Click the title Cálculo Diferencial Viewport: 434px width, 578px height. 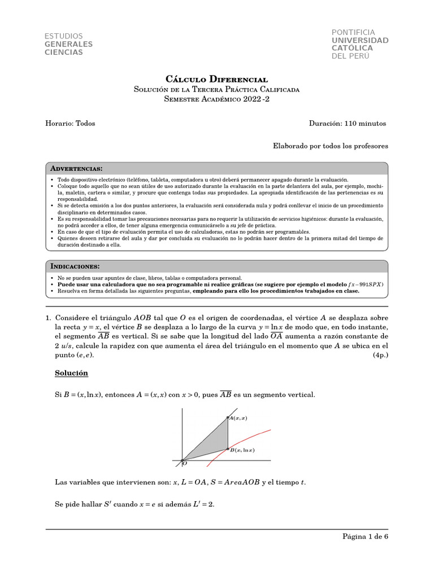(216, 80)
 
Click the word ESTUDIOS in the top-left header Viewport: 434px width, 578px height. (64, 36)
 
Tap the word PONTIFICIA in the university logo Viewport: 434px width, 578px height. (353, 32)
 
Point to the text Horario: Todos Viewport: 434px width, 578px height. (70, 123)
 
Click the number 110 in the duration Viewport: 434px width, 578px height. (350, 123)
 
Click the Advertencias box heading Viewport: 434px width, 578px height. (76, 169)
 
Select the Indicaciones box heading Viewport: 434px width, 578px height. (75, 266)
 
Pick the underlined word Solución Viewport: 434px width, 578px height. (71, 373)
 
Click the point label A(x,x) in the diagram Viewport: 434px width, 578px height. (238, 418)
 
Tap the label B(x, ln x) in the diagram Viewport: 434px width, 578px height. (242, 450)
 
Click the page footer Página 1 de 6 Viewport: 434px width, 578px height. (365, 536)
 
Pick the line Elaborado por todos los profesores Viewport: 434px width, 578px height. (331, 146)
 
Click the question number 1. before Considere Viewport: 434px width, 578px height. (49, 318)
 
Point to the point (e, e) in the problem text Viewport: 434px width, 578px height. (85, 355)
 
